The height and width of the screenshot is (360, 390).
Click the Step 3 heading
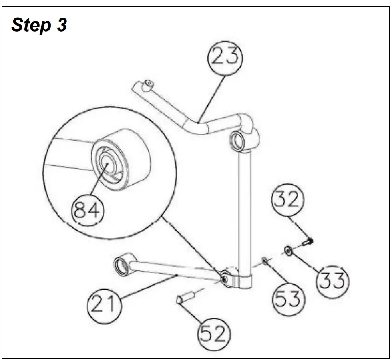point(39,25)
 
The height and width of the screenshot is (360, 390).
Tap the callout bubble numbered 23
point(225,57)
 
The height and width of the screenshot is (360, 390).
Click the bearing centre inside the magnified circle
point(107,163)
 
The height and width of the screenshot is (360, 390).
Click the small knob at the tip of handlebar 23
point(149,84)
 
